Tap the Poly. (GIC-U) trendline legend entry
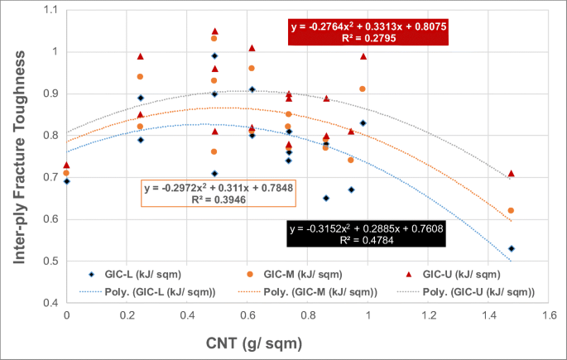coord(472,291)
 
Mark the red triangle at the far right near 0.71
coord(512,173)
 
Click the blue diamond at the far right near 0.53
coord(512,248)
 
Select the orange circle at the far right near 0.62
coord(512,210)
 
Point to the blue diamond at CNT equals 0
coord(66,180)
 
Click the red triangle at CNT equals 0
coord(66,165)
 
